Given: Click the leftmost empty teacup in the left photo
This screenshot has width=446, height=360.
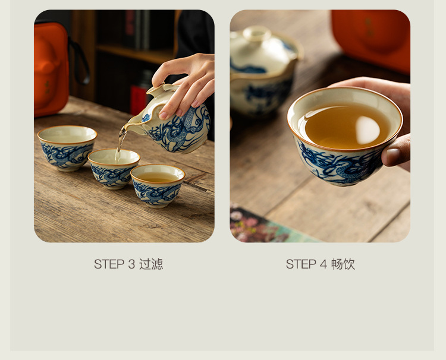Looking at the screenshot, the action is (67, 148).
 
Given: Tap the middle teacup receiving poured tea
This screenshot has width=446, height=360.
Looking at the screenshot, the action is (113, 169).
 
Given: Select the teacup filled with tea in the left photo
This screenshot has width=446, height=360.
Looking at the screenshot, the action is (158, 185).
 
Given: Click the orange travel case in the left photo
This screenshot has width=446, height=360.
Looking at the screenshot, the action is (51, 70).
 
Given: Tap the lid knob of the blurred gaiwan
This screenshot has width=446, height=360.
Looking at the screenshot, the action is (257, 33).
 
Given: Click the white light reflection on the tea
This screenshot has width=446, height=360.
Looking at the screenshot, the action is (368, 130).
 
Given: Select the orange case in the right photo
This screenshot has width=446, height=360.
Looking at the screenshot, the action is (370, 40).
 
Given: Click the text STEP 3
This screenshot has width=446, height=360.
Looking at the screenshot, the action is (114, 264).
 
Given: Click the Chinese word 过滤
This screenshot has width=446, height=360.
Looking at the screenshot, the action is (151, 264).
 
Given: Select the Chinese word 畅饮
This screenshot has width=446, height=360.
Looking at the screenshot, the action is (343, 264).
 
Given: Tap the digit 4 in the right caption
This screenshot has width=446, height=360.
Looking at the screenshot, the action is (323, 264).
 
